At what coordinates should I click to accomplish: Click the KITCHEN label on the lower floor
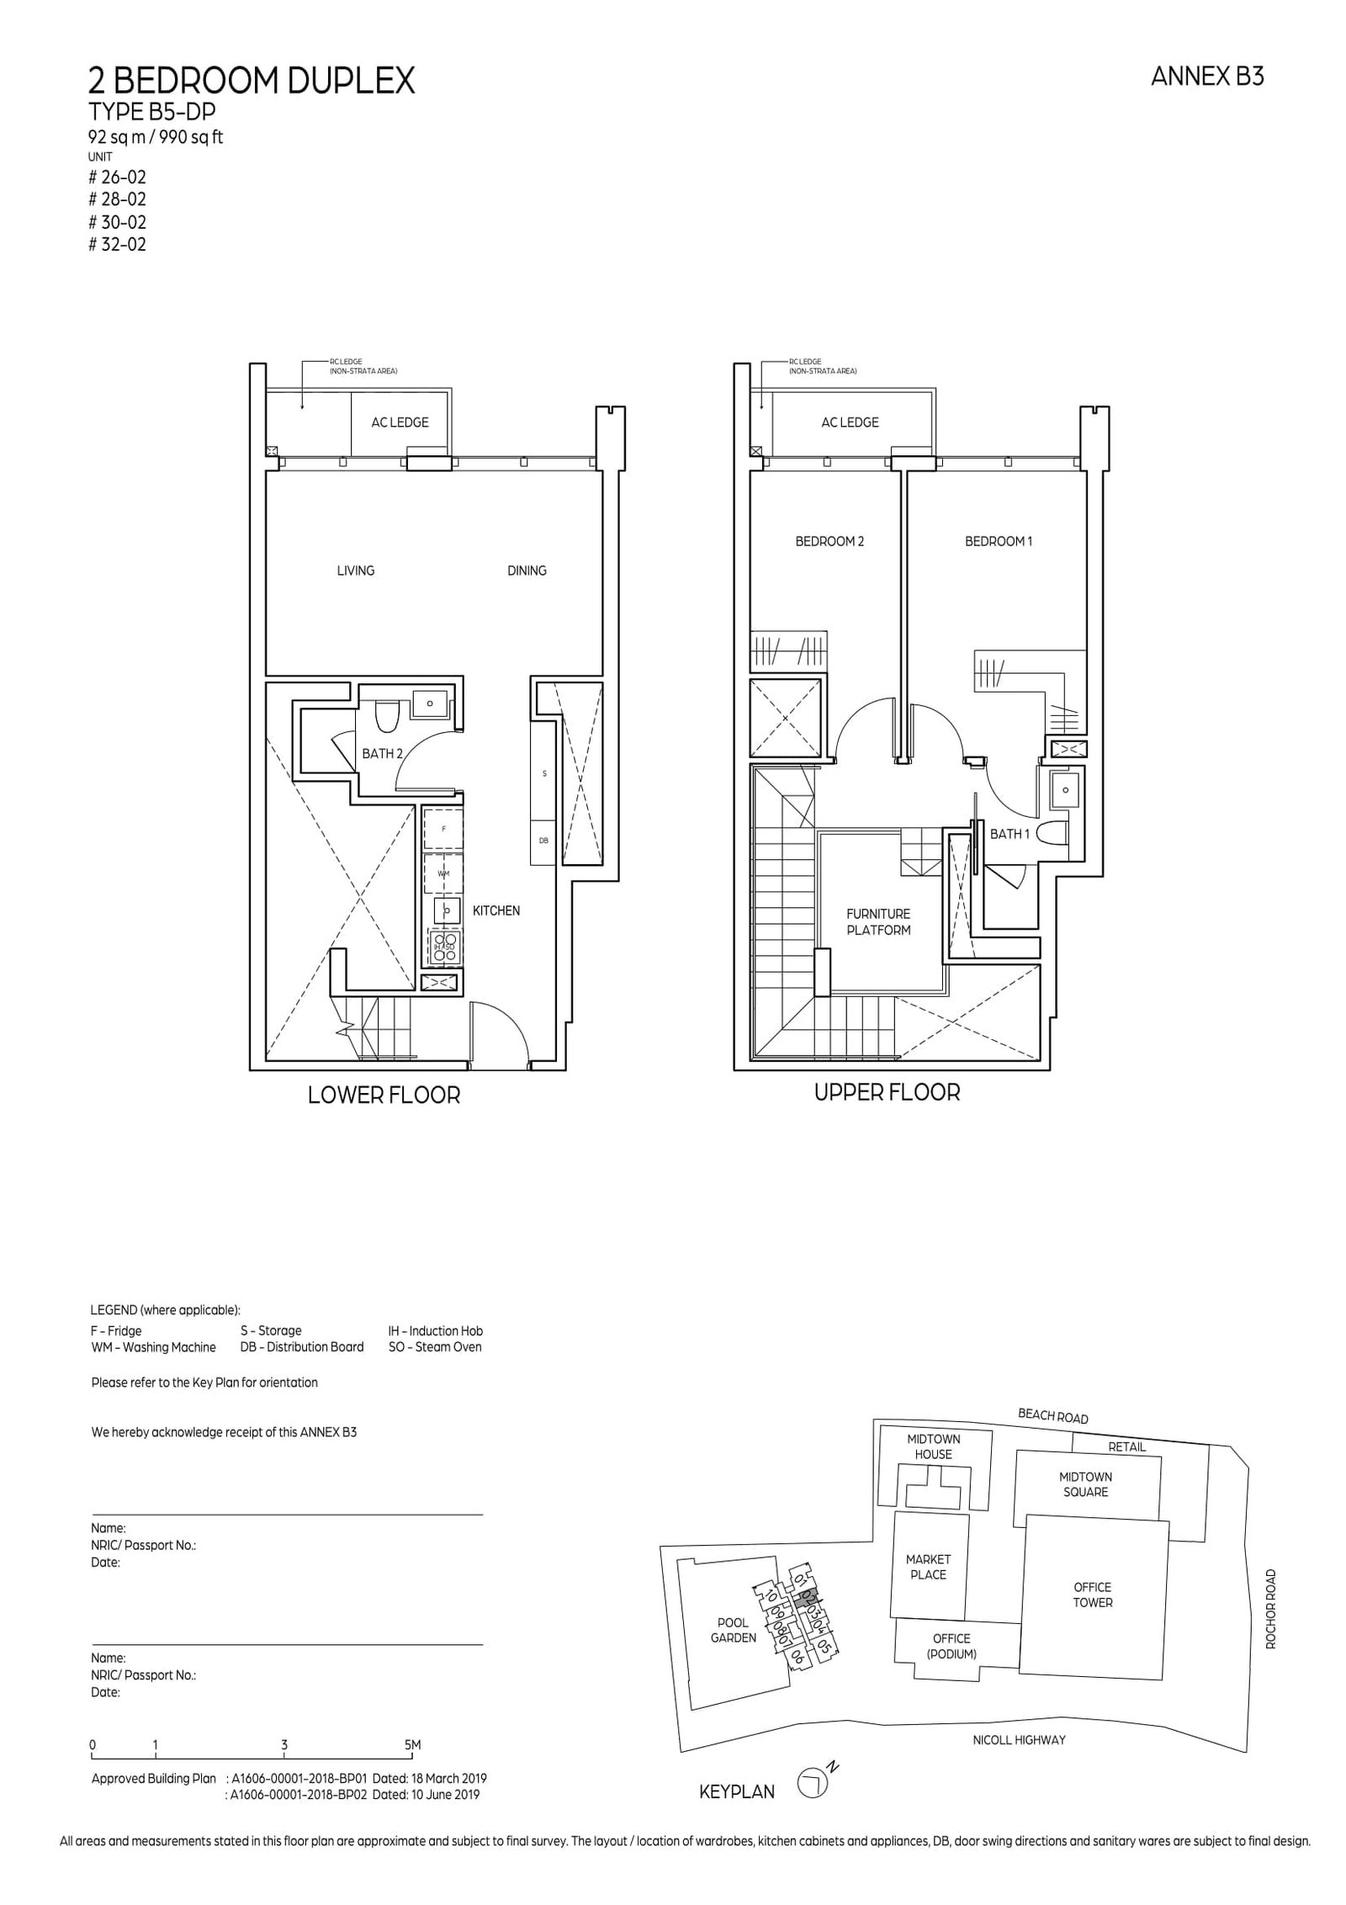click(495, 910)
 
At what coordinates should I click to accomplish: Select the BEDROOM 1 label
click(998, 541)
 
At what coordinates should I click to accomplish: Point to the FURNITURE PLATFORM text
click(878, 921)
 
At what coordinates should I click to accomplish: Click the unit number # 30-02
click(117, 222)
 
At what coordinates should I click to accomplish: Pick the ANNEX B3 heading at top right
click(1206, 77)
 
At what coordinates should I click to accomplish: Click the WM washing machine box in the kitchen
click(442, 873)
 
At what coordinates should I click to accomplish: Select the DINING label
click(527, 570)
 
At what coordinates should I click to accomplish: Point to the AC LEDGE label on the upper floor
click(850, 422)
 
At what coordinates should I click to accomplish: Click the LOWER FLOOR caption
click(384, 1096)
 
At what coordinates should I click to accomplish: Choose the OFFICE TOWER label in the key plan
click(1092, 1595)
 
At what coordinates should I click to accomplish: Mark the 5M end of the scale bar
click(412, 1746)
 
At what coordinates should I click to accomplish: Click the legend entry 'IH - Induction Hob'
click(435, 1330)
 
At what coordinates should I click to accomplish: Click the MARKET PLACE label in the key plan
click(928, 1567)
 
